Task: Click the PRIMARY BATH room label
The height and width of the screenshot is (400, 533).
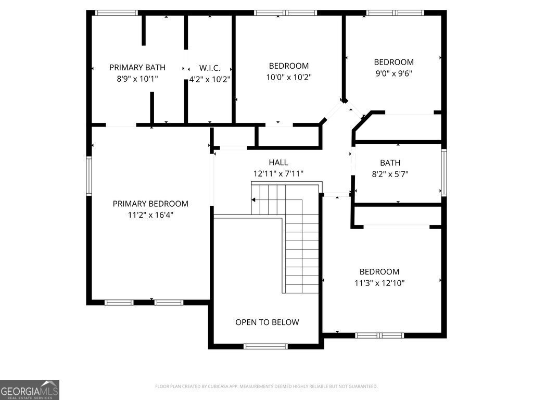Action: tap(137, 67)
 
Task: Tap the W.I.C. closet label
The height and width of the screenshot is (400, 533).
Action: tap(210, 68)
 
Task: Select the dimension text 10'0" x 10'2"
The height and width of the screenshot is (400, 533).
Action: tap(289, 78)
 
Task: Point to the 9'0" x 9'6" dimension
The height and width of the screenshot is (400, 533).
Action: tap(394, 73)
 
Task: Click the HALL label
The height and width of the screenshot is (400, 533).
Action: tap(278, 162)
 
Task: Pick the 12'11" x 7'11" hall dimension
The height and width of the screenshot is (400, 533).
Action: tap(278, 174)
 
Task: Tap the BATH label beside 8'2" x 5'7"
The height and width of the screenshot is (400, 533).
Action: tap(390, 163)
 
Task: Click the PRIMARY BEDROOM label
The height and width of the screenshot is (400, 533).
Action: tap(150, 204)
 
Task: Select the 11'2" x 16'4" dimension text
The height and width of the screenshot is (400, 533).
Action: tap(150, 215)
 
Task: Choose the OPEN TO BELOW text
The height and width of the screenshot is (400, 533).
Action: tap(267, 322)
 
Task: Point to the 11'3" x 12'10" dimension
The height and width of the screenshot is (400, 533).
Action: tap(379, 283)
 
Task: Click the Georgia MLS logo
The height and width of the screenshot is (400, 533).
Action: tap(30, 390)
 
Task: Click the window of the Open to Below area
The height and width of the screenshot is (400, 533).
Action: tap(265, 346)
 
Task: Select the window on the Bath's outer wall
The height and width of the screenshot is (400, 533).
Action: tap(444, 172)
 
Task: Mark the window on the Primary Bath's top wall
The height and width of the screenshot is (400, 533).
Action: tap(117, 12)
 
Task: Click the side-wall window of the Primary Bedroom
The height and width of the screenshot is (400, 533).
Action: tap(89, 177)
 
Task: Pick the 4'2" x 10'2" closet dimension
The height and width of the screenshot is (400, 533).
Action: tap(210, 79)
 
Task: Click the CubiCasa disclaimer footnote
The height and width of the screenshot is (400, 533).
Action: tap(266, 386)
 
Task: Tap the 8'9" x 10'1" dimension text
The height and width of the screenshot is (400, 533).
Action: tap(137, 79)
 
